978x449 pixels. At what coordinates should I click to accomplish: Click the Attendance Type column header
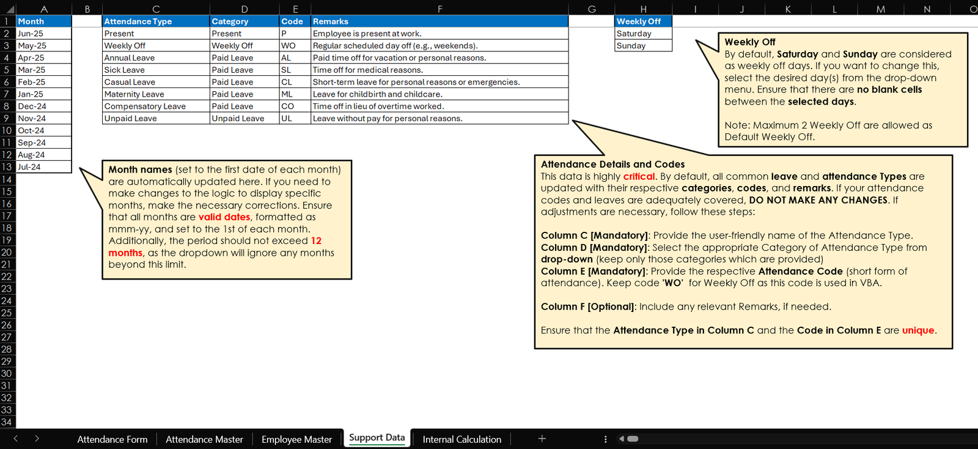[x=155, y=21]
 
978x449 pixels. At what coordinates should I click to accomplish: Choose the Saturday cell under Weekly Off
[x=642, y=34]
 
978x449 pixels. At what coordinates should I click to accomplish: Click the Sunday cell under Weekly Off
[x=642, y=46]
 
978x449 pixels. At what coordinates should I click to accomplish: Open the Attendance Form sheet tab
[x=112, y=439]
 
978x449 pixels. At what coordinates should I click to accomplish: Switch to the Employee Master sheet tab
[x=296, y=439]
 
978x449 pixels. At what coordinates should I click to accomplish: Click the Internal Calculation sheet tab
[x=461, y=439]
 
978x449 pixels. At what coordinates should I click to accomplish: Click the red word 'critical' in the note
[x=639, y=177]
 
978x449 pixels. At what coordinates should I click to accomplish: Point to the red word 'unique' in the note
[x=918, y=330]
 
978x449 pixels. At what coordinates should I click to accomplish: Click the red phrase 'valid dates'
[x=224, y=217]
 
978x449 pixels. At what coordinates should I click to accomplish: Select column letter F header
[x=439, y=9]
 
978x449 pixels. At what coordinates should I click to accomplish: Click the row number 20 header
[x=7, y=252]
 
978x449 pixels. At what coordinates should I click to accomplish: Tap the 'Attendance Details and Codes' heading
[x=612, y=165]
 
